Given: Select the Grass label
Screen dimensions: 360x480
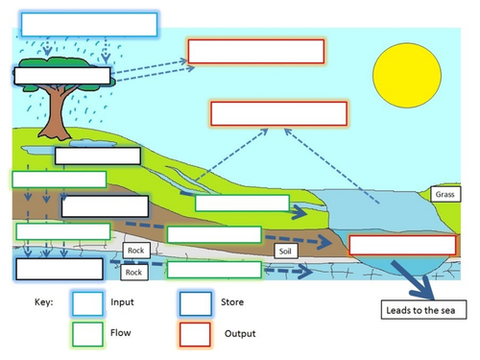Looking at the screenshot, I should [x=444, y=195].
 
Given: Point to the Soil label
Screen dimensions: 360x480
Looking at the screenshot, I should [x=285, y=251].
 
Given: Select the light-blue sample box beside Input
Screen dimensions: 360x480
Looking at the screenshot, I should [x=89, y=302].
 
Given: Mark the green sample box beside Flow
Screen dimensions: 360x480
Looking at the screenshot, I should [x=89, y=333].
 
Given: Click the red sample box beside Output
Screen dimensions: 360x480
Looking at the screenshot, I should [x=195, y=333].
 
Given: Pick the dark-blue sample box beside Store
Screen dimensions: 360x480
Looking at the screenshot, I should [x=195, y=302].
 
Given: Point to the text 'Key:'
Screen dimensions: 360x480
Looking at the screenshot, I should [x=44, y=301].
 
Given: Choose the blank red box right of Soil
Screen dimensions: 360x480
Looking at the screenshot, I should [x=388, y=244].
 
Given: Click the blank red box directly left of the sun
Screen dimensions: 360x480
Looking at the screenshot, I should [x=254, y=51].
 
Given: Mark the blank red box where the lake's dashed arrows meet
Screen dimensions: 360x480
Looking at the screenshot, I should [x=277, y=113].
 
